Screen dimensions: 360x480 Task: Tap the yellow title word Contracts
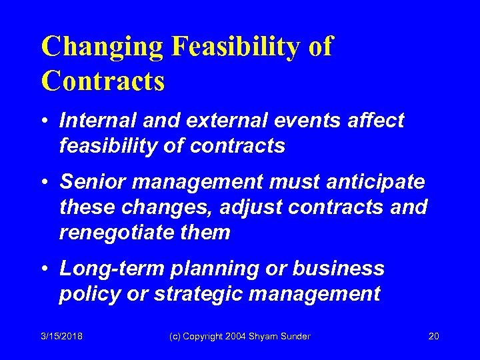(103, 81)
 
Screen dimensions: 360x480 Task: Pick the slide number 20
(433, 337)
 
